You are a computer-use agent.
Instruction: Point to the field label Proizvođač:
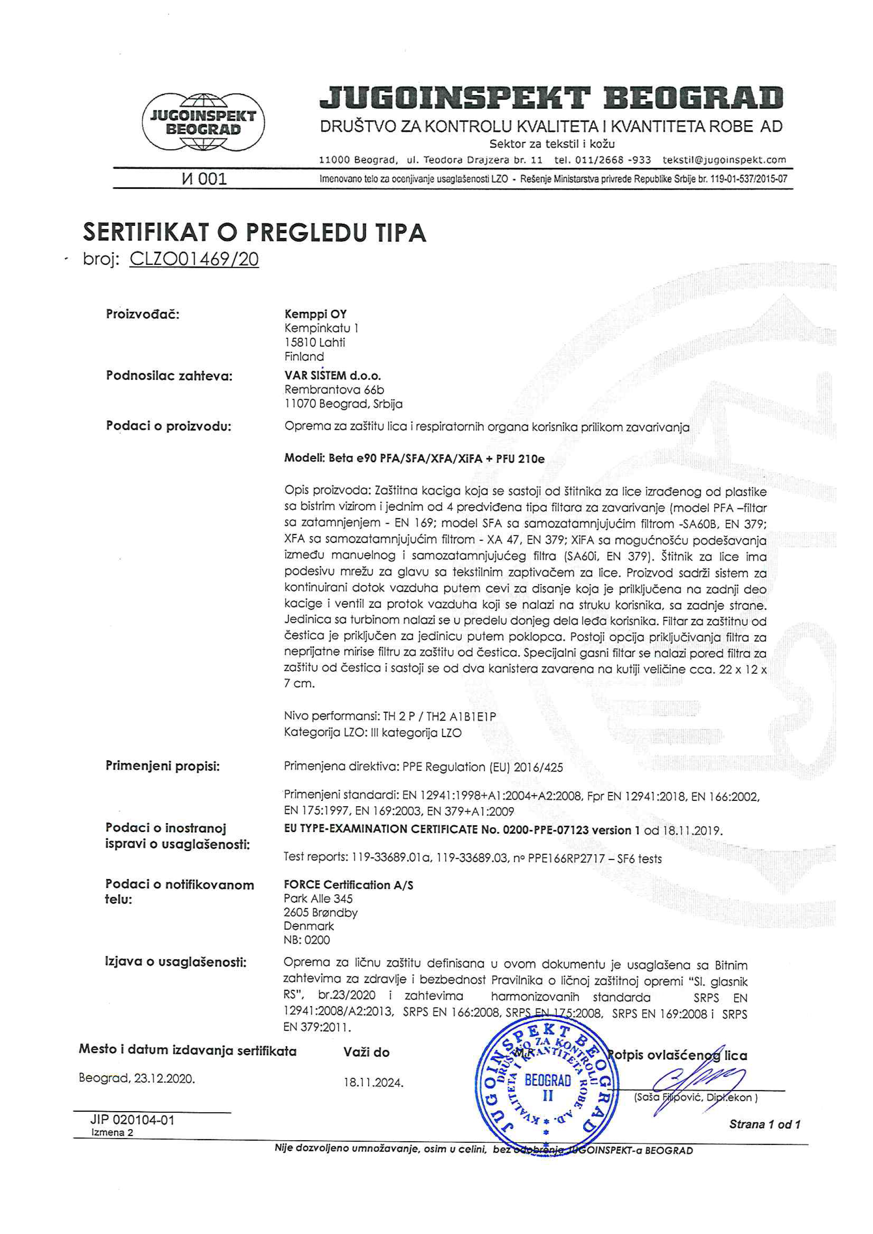click(x=142, y=314)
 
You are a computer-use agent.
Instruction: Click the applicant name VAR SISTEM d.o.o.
click(x=332, y=375)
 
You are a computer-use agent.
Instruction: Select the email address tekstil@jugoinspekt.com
click(x=724, y=160)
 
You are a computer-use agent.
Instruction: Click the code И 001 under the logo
click(x=204, y=179)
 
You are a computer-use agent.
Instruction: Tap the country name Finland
click(x=304, y=356)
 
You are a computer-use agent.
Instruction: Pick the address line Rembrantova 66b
click(x=334, y=390)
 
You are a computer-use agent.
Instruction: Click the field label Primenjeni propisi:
click(x=162, y=766)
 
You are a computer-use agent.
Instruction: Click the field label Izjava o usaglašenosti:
click(x=175, y=962)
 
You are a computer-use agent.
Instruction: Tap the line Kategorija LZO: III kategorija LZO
click(x=372, y=733)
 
